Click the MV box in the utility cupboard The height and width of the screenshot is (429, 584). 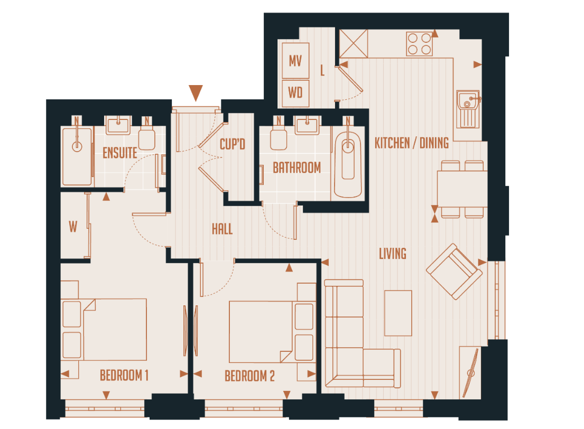[x=295, y=60]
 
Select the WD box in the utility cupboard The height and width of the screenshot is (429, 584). [x=295, y=92]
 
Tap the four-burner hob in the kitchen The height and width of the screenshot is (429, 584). [x=420, y=44]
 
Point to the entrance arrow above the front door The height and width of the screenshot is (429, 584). [x=196, y=92]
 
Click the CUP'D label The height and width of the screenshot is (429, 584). [x=233, y=144]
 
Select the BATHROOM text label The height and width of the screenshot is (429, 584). [x=296, y=168]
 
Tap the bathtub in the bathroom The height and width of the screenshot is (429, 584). [x=348, y=163]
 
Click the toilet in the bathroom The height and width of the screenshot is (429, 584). [x=278, y=137]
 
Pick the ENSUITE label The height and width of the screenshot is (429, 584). [x=120, y=153]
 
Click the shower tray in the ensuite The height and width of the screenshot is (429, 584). [x=77, y=155]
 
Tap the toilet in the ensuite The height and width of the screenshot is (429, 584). [x=146, y=138]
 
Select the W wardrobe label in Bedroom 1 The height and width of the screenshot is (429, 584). [x=73, y=227]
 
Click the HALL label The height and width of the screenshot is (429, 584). [x=222, y=229]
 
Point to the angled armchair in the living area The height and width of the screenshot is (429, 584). [x=455, y=272]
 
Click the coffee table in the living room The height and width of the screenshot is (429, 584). [x=398, y=313]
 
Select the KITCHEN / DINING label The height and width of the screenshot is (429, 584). [x=412, y=143]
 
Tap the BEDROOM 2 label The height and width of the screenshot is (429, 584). [x=249, y=376]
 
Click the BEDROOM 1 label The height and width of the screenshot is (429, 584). [x=124, y=376]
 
